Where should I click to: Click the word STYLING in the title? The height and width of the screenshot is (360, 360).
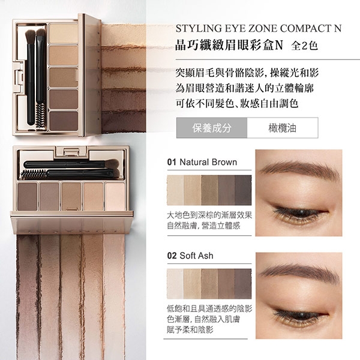click(x=199, y=28)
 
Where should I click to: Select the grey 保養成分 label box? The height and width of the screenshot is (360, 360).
click(x=212, y=128)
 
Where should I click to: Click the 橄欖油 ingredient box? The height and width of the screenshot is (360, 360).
click(x=283, y=128)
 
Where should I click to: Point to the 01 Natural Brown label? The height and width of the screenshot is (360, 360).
click(x=202, y=162)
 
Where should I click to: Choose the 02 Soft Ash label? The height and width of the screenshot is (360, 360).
click(x=190, y=256)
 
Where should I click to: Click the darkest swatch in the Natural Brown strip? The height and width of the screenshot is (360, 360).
click(x=243, y=190)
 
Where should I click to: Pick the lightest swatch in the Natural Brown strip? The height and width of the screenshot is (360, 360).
click(x=175, y=190)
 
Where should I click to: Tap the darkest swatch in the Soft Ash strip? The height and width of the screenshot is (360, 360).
click(x=243, y=284)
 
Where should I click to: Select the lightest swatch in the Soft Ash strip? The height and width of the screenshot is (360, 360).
click(x=175, y=284)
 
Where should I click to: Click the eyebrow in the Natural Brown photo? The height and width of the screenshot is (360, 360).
click(x=298, y=169)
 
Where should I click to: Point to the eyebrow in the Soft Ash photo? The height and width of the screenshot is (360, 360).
click(x=298, y=272)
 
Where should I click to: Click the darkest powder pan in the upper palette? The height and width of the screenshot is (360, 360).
click(x=64, y=121)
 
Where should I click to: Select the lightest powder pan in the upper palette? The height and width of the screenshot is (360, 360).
click(x=64, y=33)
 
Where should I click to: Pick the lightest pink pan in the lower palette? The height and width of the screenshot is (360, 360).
click(x=115, y=196)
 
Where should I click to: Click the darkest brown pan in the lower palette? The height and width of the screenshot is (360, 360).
click(x=28, y=196)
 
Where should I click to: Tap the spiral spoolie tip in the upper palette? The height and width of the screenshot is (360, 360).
click(x=41, y=115)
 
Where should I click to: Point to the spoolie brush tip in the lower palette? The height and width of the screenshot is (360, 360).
click(x=34, y=175)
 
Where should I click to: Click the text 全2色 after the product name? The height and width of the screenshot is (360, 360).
click(x=304, y=46)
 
